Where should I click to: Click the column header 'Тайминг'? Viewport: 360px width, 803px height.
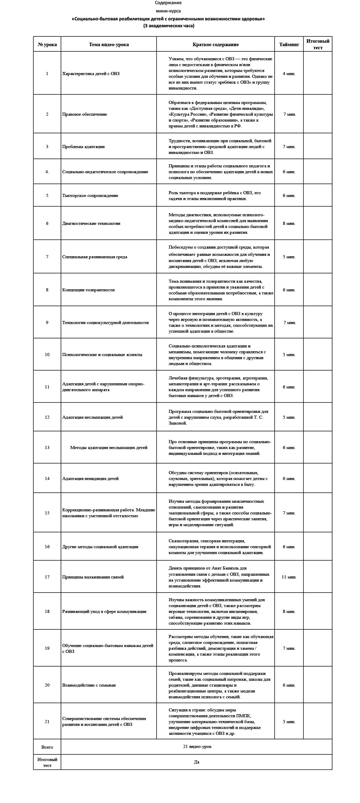(x=289, y=44)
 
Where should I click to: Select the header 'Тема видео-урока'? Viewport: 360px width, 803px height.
(x=109, y=44)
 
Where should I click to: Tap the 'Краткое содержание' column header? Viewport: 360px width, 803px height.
(x=215, y=44)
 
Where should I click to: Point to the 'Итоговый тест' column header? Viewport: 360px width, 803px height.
(x=318, y=44)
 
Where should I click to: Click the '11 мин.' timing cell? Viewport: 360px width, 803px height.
(x=289, y=577)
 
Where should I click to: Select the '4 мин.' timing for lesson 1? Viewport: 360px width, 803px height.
(x=289, y=73)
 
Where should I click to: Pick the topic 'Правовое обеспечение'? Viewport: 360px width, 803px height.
(x=85, y=114)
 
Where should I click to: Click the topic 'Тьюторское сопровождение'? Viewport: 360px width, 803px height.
(x=90, y=195)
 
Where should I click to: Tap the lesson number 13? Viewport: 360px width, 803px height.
(x=47, y=447)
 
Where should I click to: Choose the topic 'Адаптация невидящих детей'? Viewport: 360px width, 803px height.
(x=91, y=478)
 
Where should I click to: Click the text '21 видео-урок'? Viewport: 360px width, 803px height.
(x=197, y=746)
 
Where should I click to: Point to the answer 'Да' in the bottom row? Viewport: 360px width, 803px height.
(x=196, y=762)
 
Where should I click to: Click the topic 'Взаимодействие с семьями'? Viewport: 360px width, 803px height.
(x=89, y=685)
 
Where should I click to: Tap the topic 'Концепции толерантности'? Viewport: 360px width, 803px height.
(x=89, y=290)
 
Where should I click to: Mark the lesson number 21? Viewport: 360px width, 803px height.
(x=47, y=721)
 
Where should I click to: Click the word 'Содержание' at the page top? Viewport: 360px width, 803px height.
(x=168, y=3)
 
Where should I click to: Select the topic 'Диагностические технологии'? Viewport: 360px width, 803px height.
(x=91, y=223)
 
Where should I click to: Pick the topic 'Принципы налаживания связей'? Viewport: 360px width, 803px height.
(x=93, y=577)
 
